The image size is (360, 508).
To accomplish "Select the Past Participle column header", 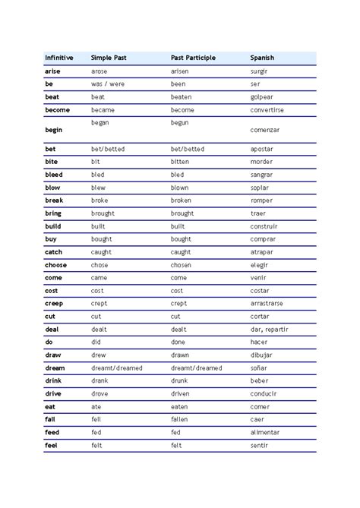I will tap(194, 58).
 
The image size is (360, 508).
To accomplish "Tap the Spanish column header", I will tap(262, 58).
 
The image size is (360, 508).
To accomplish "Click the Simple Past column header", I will tap(108, 58).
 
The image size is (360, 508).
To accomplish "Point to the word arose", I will tap(99, 71).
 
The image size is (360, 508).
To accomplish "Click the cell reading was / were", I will tap(107, 84).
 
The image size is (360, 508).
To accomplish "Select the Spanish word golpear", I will tap(263, 97).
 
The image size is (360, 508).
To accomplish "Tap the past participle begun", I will tap(179, 122).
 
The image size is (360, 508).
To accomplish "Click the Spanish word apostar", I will tap(263, 150).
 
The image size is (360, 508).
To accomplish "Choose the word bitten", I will tap(180, 162).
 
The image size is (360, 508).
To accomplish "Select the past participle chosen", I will tap(181, 265).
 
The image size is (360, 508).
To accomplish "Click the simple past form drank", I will tap(99, 381).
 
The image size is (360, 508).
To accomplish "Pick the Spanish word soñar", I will tap(260, 368).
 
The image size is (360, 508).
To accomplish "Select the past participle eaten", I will tap(179, 407).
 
